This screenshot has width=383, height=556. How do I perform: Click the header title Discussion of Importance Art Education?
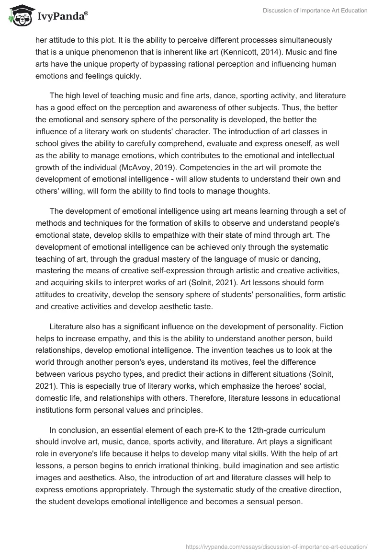(x=315, y=11)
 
